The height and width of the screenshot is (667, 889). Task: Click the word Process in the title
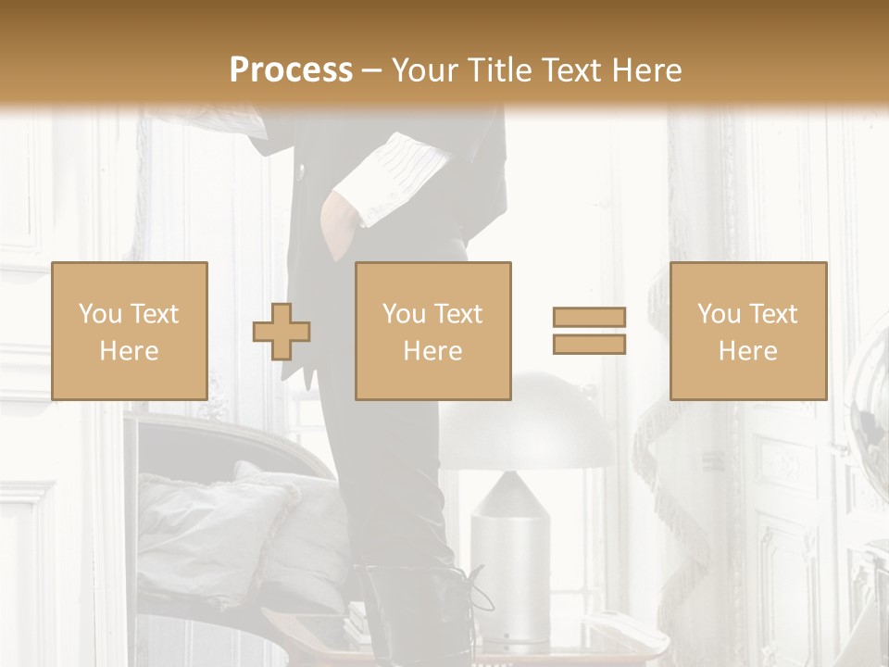click(x=291, y=69)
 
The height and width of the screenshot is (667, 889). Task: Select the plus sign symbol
click(x=282, y=332)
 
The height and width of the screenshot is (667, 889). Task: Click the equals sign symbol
click(x=589, y=331)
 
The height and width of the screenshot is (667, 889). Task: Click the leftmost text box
click(x=129, y=331)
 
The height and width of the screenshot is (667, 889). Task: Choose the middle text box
click(x=432, y=331)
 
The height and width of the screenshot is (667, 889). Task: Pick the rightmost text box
click(x=747, y=331)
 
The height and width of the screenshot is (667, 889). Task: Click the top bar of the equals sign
click(x=589, y=318)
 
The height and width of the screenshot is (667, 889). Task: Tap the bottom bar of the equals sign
click(x=589, y=345)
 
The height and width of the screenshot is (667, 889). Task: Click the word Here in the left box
click(x=129, y=351)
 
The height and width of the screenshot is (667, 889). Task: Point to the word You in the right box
click(x=719, y=314)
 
